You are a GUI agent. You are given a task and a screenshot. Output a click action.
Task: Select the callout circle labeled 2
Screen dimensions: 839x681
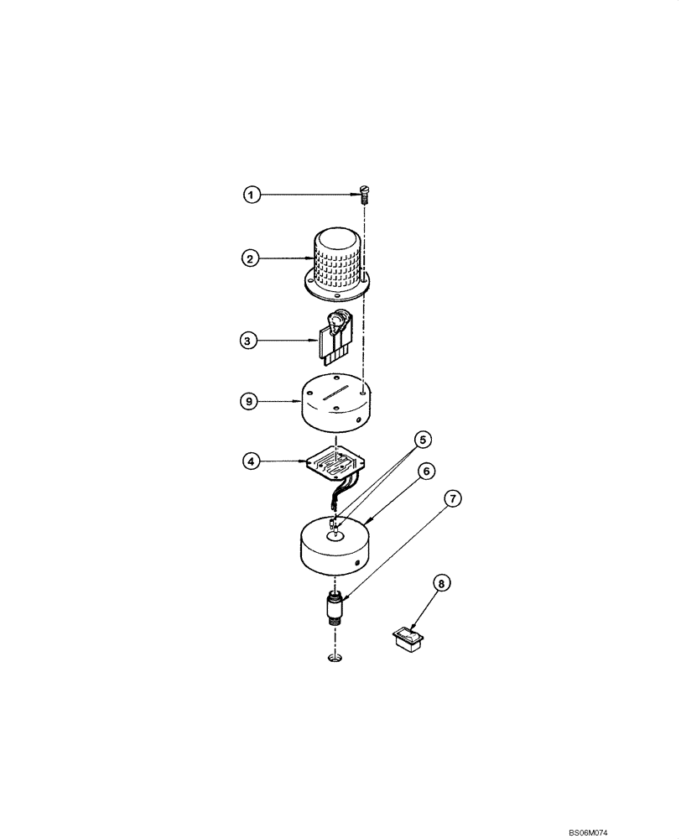point(249,259)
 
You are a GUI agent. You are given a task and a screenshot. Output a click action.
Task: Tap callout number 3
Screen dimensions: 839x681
point(249,341)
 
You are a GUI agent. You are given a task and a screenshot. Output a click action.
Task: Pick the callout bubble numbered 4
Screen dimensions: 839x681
point(249,459)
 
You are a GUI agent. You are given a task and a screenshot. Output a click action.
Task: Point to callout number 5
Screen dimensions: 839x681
point(424,439)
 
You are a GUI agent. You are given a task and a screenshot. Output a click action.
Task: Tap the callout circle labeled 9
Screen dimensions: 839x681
point(249,401)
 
